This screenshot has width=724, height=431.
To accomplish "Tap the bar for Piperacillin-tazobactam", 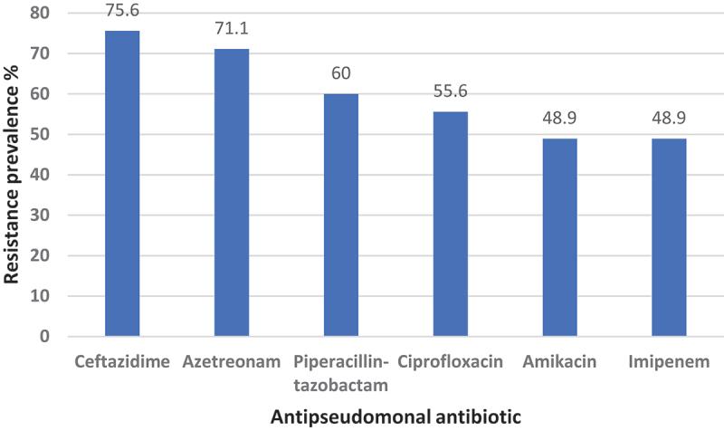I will tap(341, 215).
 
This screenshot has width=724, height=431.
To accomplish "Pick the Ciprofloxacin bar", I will tap(450, 224).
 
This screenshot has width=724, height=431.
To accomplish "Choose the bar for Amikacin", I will tap(559, 237).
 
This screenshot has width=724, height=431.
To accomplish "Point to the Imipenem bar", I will tap(668, 237).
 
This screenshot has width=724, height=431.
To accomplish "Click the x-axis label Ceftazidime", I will tap(122, 362).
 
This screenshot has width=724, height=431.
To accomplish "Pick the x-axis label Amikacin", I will tap(559, 362).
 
